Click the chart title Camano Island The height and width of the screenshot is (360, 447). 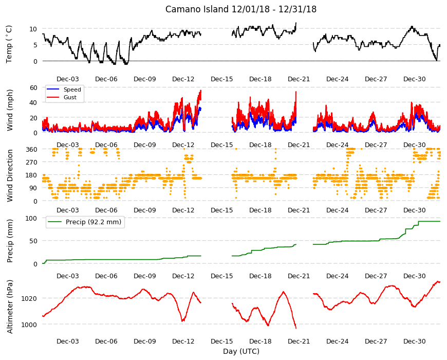click(x=197, y=9)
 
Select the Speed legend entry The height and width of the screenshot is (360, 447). click(x=72, y=89)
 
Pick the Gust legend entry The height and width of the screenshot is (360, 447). click(x=70, y=97)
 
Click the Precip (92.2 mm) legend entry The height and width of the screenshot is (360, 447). click(x=93, y=222)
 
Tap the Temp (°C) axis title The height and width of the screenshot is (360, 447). click(x=9, y=44)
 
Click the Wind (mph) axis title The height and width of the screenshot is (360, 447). click(x=10, y=110)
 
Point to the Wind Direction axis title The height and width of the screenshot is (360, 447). click(x=10, y=175)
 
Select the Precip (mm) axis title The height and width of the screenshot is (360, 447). click(x=10, y=241)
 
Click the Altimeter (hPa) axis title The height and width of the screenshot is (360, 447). click(x=10, y=307)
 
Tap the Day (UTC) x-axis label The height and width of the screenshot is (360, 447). click(x=241, y=351)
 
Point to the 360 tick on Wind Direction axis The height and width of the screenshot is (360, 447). click(x=31, y=150)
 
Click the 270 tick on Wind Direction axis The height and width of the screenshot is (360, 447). click(x=31, y=163)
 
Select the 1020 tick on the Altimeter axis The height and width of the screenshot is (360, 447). click(x=29, y=299)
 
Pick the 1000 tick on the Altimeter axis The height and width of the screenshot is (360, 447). click(x=29, y=325)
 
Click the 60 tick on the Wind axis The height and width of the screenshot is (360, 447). click(x=33, y=87)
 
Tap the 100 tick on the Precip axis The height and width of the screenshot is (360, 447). click(x=31, y=218)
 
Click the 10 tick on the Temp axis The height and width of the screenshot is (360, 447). click(x=33, y=29)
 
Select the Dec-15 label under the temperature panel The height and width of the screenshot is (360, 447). click(x=222, y=79)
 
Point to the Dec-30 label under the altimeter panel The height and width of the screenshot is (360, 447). click(x=415, y=341)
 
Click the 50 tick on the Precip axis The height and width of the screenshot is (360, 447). click(x=33, y=241)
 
